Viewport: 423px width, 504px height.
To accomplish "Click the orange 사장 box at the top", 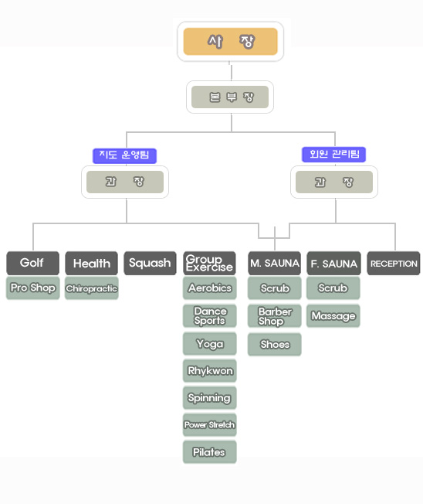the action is coord(231,42).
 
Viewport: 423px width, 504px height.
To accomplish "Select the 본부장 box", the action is coord(230,97).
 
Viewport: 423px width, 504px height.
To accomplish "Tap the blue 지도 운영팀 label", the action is coord(124,155).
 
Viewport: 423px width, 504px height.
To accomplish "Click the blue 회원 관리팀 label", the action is coord(333,155).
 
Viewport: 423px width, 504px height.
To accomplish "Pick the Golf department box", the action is coord(32,264).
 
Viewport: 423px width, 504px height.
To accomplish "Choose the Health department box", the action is coord(91,264).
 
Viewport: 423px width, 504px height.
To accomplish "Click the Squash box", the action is coord(151,264).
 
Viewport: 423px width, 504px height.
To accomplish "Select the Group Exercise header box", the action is coord(210,264).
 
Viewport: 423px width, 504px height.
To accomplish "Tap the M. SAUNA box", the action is coord(274,264).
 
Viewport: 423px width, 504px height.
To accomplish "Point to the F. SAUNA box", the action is coord(333,264).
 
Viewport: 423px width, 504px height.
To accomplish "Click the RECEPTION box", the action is coord(394,264).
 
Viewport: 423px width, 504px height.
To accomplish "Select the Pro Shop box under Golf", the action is coord(32,288).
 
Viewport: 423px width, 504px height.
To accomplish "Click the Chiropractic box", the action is coord(91,288).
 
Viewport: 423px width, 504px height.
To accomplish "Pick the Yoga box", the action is coord(210,344).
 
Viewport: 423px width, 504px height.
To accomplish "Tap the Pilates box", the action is coord(210,452).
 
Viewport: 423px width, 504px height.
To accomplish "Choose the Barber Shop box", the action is coord(274,316).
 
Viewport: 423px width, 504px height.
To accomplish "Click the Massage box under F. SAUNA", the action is coord(333,316).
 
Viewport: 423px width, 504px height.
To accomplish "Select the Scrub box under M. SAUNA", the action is coord(274,288).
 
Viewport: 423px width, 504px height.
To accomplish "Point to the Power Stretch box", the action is coord(210,425).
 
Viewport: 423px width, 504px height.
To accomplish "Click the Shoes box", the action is coord(274,344).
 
